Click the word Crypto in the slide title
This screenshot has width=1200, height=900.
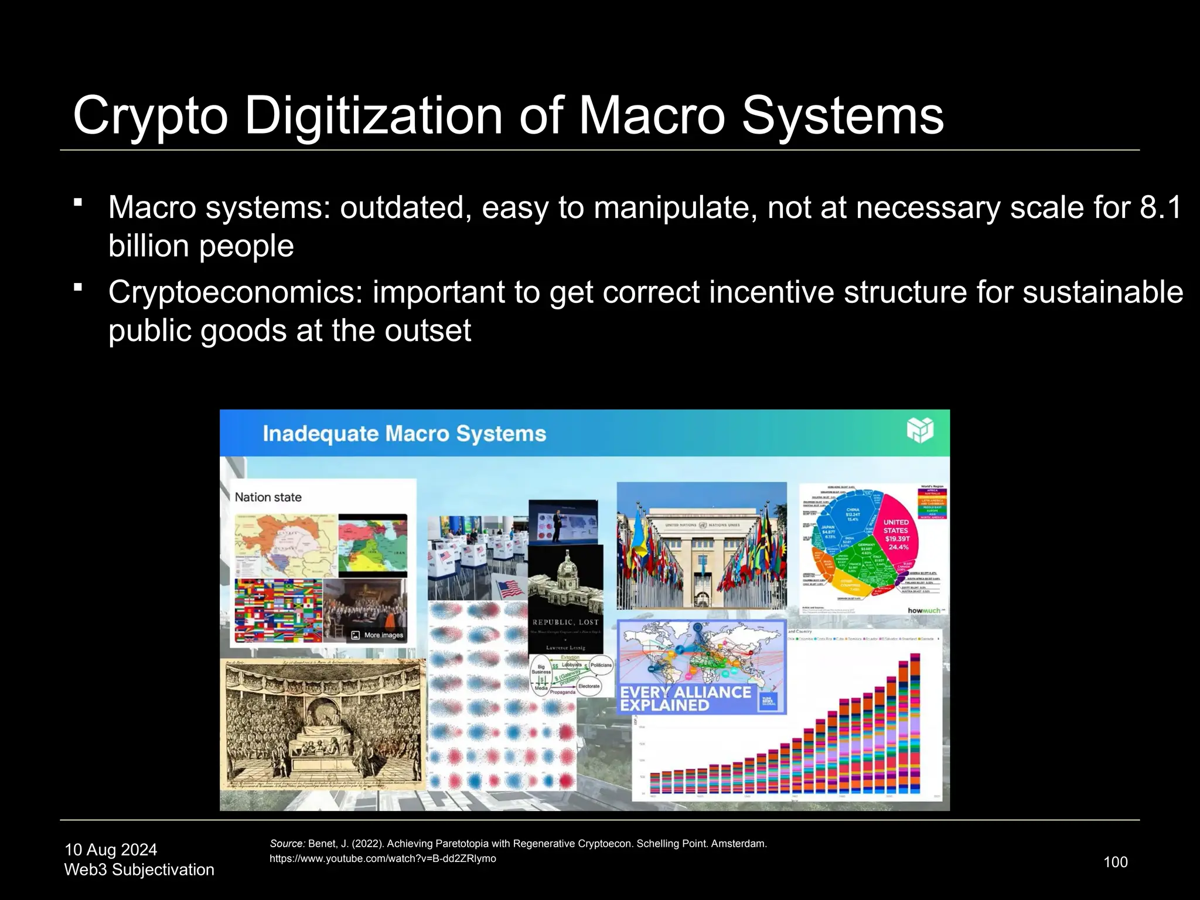tap(150, 116)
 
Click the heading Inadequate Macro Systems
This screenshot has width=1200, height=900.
tap(404, 434)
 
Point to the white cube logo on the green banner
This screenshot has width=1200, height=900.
tap(919, 431)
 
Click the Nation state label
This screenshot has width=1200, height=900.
tap(268, 497)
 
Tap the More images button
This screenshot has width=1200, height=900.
tap(378, 635)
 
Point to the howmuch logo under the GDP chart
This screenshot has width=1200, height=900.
tap(923, 611)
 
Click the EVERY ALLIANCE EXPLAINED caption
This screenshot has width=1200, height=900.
tap(686, 698)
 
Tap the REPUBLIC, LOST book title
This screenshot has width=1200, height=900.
tap(565, 622)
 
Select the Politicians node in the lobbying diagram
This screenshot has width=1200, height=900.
tap(601, 665)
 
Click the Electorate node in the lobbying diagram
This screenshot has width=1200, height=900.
tap(588, 686)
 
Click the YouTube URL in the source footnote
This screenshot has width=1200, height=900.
tap(383, 859)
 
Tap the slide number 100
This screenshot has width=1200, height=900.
tap(1115, 862)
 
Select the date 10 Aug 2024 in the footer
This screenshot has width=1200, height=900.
tap(111, 850)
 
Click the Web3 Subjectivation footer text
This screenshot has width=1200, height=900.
tap(139, 870)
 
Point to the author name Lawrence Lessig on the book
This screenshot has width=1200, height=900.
tap(565, 647)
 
